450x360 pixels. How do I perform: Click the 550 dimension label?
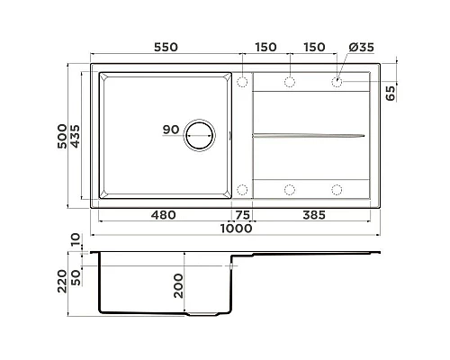tap(166, 47)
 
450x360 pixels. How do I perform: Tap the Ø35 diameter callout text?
tap(362, 47)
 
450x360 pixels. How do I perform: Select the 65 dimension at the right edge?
tap(391, 93)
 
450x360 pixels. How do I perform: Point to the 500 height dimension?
tap(62, 136)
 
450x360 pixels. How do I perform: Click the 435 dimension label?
tap(75, 136)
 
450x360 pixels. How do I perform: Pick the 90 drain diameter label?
tap(171, 130)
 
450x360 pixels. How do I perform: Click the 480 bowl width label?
tap(164, 215)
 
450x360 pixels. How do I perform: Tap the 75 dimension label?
tap(243, 215)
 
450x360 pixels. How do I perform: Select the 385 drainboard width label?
tap(314, 215)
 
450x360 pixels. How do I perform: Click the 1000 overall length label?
tap(237, 229)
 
